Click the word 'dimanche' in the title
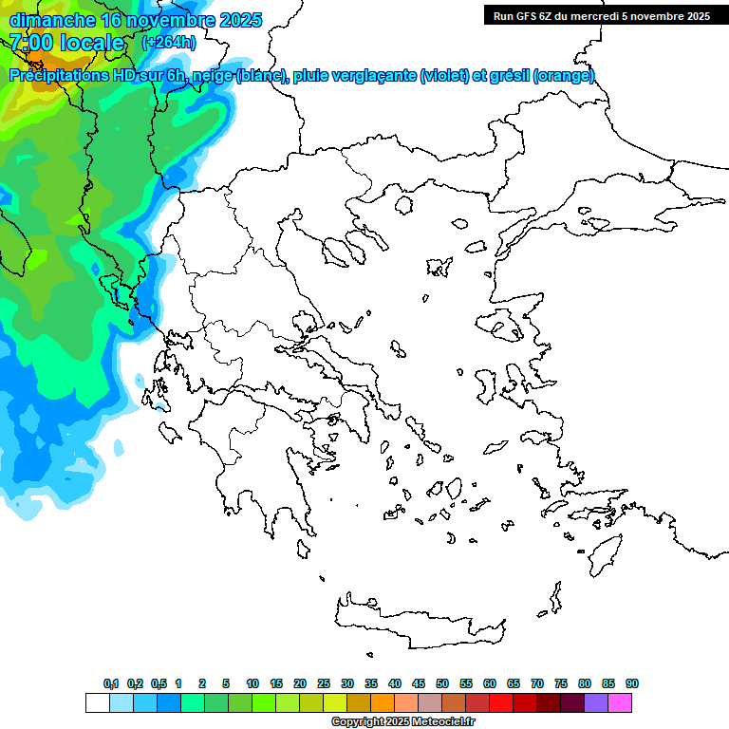click(52, 20)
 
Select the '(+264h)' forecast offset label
click(169, 43)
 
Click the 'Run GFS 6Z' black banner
click(601, 16)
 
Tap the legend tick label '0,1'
click(111, 684)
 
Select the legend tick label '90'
click(632, 684)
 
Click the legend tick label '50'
click(442, 684)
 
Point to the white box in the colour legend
click(97, 703)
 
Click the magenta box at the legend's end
click(621, 703)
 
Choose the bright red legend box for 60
click(501, 703)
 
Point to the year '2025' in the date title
click(237, 20)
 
